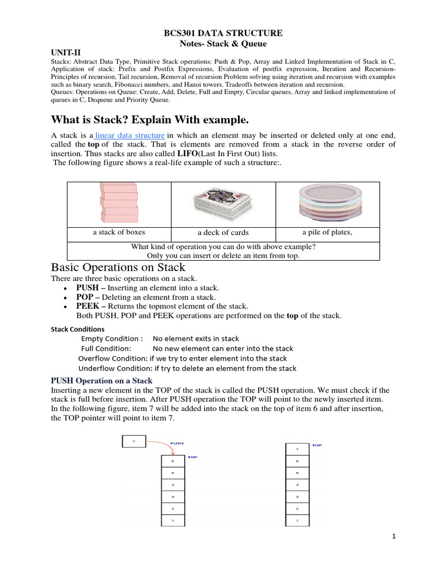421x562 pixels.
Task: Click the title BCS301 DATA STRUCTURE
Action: [223, 33]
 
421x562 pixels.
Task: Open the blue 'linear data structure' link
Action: [130, 135]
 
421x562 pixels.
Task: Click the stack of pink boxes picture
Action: [118, 203]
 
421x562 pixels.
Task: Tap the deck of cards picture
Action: [223, 204]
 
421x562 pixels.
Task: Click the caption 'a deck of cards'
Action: [223, 233]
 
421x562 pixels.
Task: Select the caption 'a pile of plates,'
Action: [327, 232]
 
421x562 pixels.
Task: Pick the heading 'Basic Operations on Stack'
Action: [118, 268]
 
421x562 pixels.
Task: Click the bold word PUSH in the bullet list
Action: [87, 288]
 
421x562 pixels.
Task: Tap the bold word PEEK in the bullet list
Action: [87, 306]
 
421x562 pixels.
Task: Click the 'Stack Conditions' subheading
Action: [78, 329]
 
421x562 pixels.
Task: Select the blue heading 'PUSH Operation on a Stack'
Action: [101, 380]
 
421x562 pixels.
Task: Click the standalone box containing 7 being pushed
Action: [133, 441]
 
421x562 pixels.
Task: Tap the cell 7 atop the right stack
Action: [297, 449]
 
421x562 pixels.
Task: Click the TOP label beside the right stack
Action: [317, 445]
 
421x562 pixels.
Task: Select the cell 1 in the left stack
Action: [173, 520]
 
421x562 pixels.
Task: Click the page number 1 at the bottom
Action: [394, 537]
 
